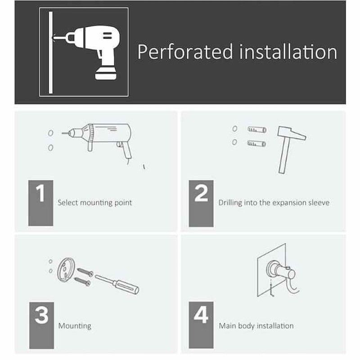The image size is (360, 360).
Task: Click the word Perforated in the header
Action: [x=185, y=52]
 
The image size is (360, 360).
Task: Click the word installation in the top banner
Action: [x=288, y=52]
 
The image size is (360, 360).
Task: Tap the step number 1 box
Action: [x=40, y=203]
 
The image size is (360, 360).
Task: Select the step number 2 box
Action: [x=201, y=203]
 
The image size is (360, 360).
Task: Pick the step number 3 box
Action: [x=41, y=325]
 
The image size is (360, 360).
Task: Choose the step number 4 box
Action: [x=201, y=325]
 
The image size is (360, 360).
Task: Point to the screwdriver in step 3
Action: [x=117, y=284]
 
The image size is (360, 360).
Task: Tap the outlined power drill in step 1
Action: [x=99, y=140]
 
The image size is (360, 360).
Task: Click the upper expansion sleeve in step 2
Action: [x=257, y=130]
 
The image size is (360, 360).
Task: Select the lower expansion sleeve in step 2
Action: [x=256, y=144]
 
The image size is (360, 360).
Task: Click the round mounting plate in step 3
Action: [x=66, y=269]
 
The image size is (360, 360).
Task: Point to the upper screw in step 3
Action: [x=85, y=272]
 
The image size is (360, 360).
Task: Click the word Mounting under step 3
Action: [x=75, y=326]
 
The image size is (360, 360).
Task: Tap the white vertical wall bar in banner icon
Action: [x=51, y=53]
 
